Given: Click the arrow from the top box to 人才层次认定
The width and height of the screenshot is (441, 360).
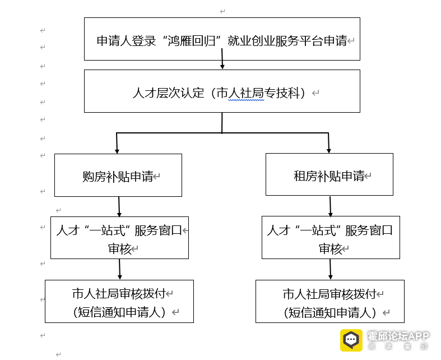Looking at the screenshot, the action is click(x=222, y=58).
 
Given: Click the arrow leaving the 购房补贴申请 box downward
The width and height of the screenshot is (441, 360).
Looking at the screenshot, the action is click(x=119, y=206).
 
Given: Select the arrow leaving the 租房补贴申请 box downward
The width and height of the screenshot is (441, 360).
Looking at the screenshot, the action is click(x=331, y=206).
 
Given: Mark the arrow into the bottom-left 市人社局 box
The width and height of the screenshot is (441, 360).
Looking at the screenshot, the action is click(x=119, y=269).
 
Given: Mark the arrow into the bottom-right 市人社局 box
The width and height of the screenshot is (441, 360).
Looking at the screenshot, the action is click(x=331, y=269).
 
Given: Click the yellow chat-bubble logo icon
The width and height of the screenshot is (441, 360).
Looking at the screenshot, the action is click(x=351, y=340).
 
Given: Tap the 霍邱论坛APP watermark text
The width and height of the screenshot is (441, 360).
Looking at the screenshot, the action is click(x=398, y=336).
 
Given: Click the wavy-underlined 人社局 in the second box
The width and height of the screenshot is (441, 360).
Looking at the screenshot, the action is click(x=246, y=93).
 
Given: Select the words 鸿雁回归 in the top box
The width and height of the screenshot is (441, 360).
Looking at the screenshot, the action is click(x=192, y=41).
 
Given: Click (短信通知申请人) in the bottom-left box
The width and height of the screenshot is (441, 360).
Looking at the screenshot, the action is click(x=119, y=312).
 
